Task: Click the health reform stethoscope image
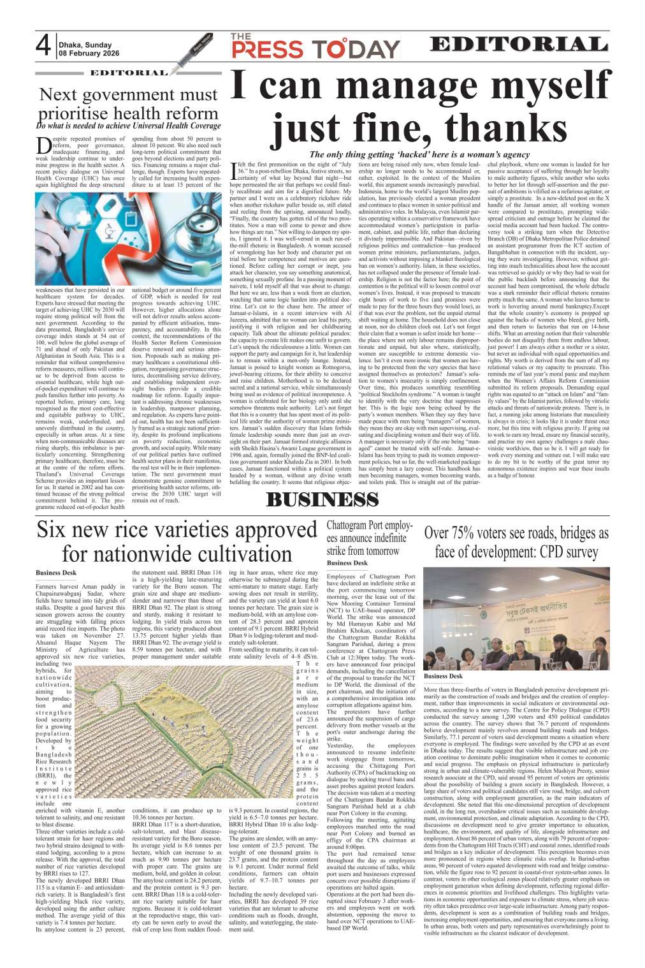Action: [x=127, y=246]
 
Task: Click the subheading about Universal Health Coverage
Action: [x=128, y=126]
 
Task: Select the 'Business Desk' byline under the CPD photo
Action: [x=444, y=675]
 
